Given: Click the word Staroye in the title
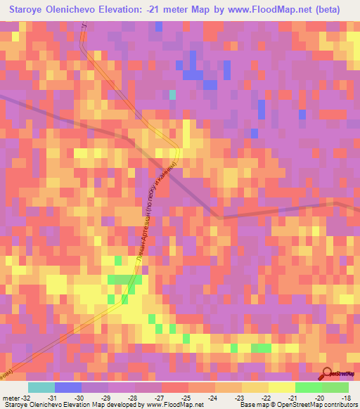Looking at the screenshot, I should point(32,10).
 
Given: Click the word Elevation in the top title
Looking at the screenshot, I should point(143,10).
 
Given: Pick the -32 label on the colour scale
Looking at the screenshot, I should point(25,396).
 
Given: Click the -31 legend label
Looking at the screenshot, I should point(53,396).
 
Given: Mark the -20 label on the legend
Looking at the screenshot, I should point(322,396).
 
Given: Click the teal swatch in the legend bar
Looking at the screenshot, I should point(41,387).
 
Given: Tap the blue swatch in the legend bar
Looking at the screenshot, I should point(68,387).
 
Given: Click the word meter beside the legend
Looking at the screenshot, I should point(10,396).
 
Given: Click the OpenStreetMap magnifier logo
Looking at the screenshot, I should point(327,372).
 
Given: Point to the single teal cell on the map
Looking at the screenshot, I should point(173,94).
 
